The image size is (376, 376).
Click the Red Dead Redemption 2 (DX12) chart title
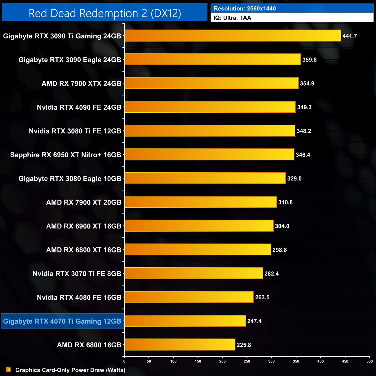105,13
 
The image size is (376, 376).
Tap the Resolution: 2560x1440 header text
245,9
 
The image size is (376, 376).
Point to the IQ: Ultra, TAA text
232,18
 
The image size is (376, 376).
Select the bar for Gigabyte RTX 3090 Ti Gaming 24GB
233,36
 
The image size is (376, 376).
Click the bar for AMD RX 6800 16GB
180,344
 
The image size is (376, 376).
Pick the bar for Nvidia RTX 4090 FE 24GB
210,107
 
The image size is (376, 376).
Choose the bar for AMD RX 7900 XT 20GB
200,202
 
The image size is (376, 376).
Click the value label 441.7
349,36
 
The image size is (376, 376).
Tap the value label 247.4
254,321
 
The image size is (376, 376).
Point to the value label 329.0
294,178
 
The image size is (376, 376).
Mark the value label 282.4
271,274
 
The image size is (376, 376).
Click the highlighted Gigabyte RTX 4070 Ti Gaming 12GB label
62,321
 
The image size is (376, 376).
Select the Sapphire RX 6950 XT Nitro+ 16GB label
66,155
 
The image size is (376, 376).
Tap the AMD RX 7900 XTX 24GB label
81,84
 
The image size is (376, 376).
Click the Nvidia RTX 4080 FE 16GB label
79,297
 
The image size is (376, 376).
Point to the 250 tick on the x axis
247,361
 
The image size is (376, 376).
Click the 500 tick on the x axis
369,361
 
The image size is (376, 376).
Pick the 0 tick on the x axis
124,361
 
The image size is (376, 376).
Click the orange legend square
8,370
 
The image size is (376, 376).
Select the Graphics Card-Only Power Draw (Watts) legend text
70,370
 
